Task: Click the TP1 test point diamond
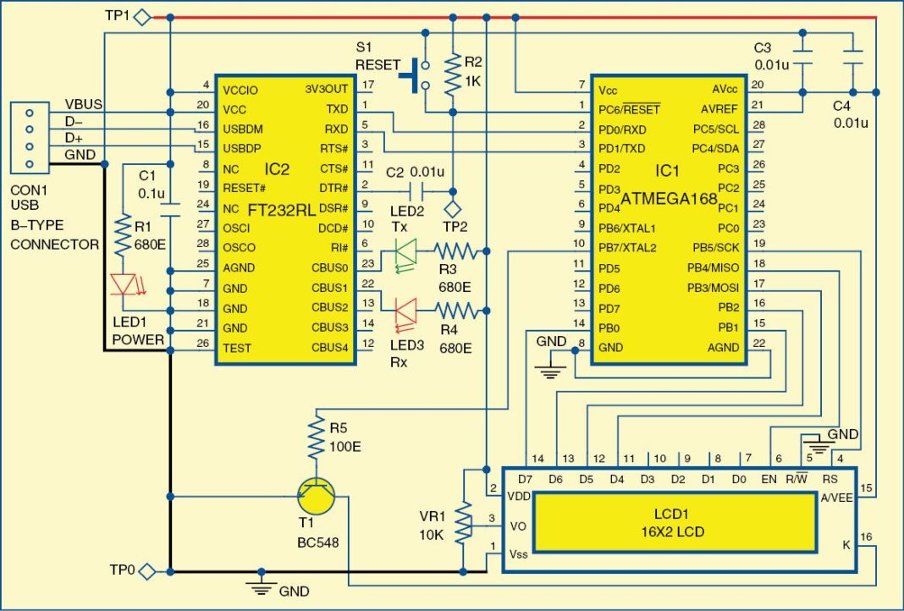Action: (x=143, y=17)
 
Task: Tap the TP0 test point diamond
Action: (x=147, y=571)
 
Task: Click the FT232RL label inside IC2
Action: (x=283, y=207)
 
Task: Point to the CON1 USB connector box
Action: (x=30, y=137)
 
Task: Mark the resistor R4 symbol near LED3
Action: (x=457, y=311)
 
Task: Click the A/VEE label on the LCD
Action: (x=836, y=498)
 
